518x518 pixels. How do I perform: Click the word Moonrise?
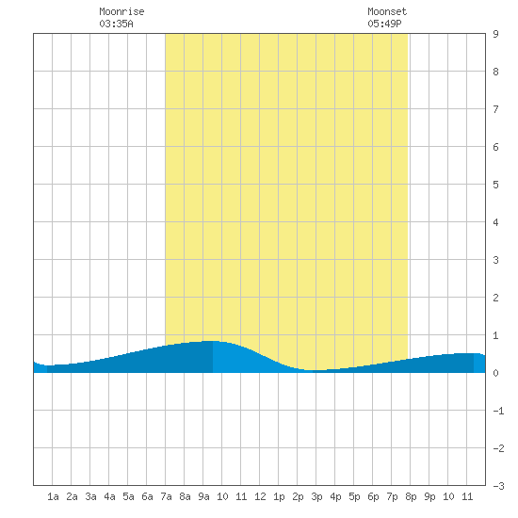[121, 11]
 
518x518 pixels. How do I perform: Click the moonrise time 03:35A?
[116, 24]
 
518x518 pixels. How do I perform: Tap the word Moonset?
[387, 11]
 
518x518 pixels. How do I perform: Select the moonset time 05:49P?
[384, 24]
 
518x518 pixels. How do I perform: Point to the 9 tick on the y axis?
[495, 34]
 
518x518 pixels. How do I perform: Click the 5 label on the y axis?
[495, 185]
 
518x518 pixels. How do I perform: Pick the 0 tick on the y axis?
[495, 373]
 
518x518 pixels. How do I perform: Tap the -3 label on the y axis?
[498, 486]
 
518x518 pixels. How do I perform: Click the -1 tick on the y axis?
[498, 411]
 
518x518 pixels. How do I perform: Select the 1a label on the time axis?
[53, 496]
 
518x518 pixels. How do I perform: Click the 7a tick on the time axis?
[166, 496]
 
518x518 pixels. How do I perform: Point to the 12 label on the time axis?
[260, 496]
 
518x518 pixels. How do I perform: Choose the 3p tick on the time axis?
[316, 496]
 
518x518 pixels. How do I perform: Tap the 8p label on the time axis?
[411, 496]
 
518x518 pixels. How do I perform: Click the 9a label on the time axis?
[203, 496]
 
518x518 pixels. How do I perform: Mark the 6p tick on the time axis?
[373, 496]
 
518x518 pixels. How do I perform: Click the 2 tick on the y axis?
[495, 298]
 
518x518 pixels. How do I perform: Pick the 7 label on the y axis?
[495, 109]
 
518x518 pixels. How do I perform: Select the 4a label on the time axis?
[109, 496]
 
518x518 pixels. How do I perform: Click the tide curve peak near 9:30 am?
[211, 341]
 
